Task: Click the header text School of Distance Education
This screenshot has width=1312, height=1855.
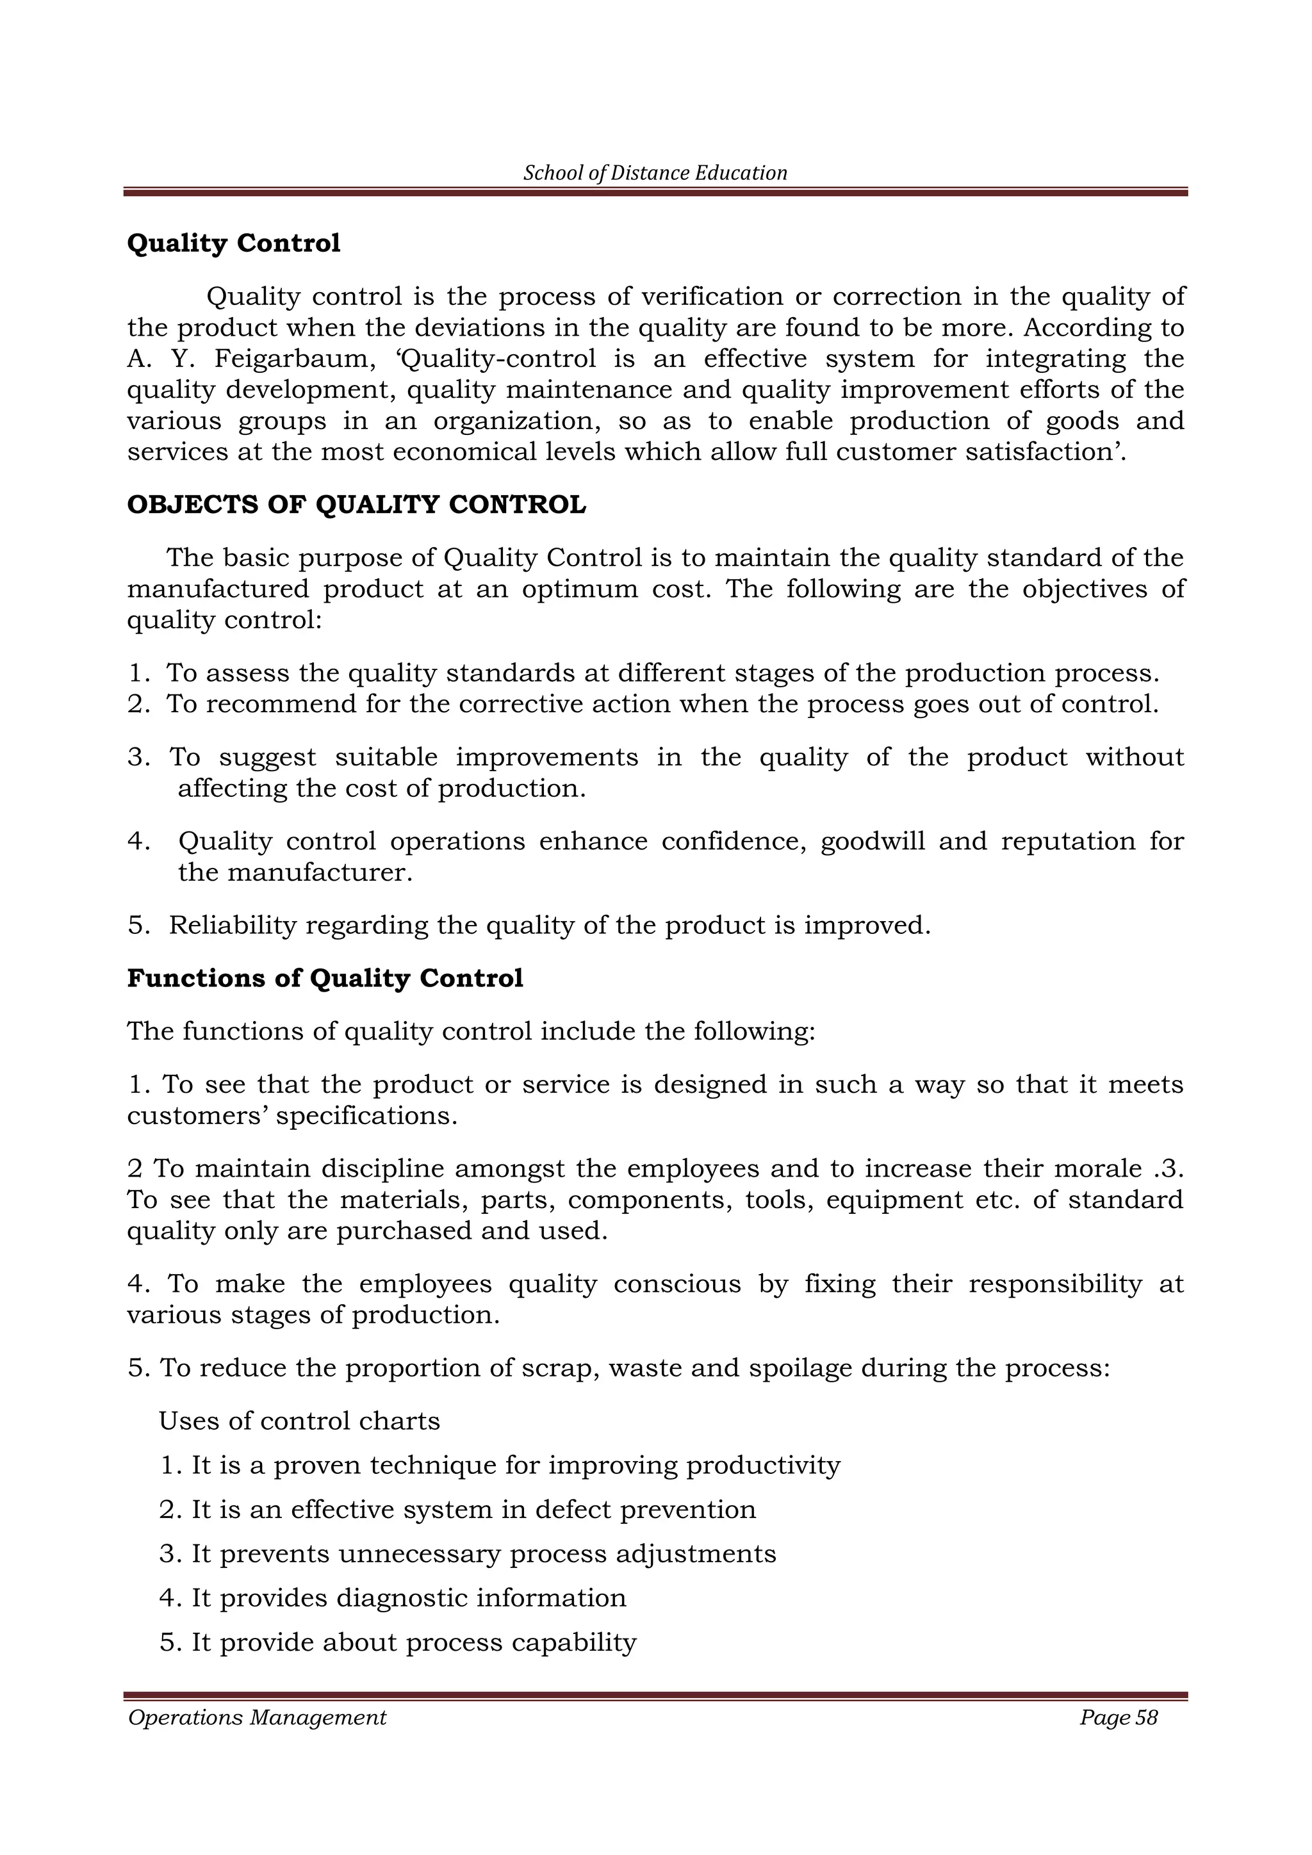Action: click(655, 173)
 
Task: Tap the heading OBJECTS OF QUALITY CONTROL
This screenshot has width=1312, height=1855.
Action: click(356, 505)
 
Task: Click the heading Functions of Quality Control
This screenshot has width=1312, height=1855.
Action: click(325, 978)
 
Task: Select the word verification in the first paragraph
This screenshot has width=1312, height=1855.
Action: click(712, 297)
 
